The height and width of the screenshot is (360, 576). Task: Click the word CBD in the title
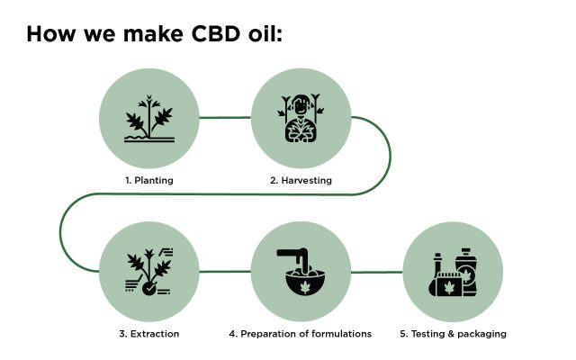(x=216, y=34)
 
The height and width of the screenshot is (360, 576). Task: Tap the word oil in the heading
(x=263, y=33)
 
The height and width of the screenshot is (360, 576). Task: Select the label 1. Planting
(x=149, y=180)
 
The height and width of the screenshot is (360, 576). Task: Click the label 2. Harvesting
(x=301, y=180)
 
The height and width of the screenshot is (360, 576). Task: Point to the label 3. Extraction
(x=149, y=334)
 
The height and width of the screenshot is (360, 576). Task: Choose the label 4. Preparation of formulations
(x=300, y=334)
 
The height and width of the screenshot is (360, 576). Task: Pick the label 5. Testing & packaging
(x=453, y=334)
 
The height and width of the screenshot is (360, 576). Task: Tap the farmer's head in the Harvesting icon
(x=301, y=105)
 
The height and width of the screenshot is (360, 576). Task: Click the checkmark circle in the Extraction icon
(x=149, y=289)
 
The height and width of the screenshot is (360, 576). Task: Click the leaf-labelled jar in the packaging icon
(x=448, y=284)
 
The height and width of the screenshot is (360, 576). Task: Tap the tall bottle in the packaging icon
(x=466, y=272)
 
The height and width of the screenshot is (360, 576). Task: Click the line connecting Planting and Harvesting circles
(x=225, y=118)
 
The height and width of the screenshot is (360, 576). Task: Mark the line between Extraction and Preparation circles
(x=225, y=272)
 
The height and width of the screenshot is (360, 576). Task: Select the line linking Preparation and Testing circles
(x=377, y=272)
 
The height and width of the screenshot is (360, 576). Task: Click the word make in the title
(x=153, y=34)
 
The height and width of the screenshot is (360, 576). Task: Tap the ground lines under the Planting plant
(x=149, y=139)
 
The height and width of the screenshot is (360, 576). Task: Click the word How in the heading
(x=50, y=34)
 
